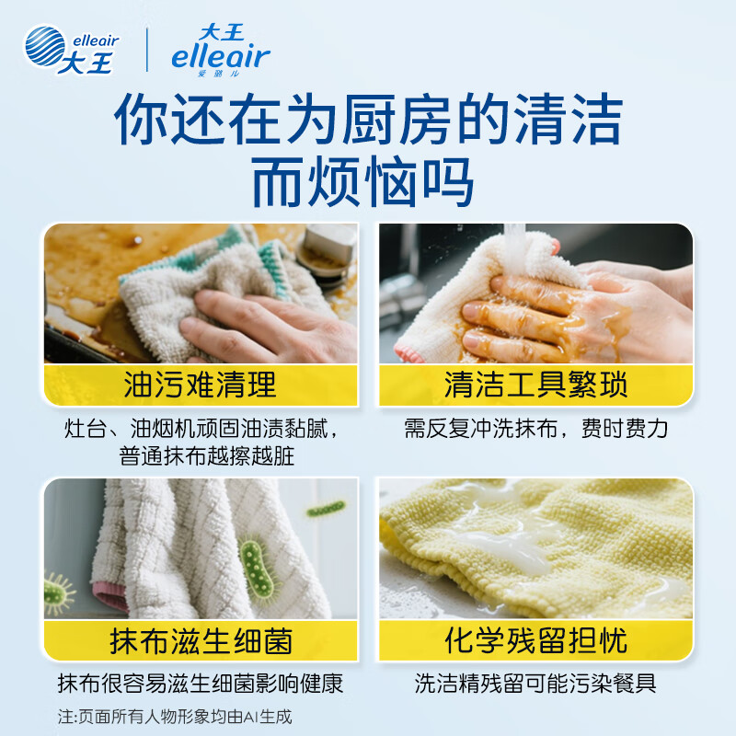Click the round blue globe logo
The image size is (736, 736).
[43, 48]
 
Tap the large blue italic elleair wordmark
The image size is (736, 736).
[221, 57]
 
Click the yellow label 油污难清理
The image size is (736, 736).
[200, 385]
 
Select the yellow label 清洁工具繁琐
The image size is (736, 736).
[535, 385]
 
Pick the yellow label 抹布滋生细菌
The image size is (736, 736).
[200, 640]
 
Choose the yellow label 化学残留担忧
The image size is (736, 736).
[535, 640]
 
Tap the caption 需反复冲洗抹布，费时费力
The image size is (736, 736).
[535, 429]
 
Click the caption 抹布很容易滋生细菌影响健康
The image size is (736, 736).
[200, 684]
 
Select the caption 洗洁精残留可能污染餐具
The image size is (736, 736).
[535, 684]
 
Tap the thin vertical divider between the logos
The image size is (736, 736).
[148, 48]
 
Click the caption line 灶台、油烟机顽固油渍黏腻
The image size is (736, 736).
[200, 429]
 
